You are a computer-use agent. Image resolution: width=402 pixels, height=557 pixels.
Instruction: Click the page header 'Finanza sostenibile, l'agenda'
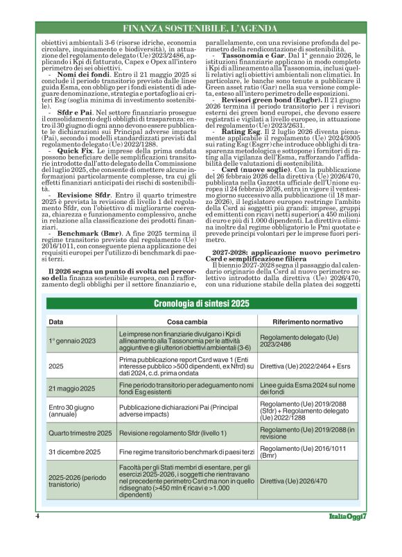(x=202, y=28)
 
